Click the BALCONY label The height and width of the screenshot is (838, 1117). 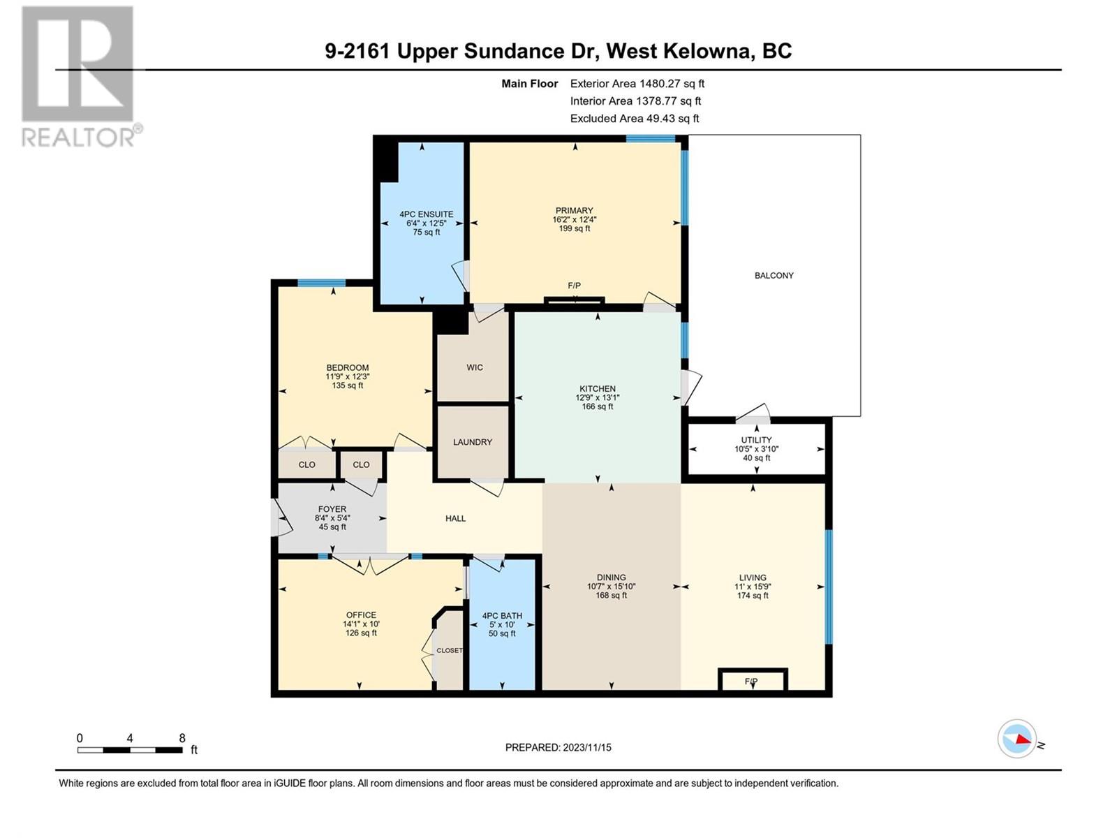[774, 275]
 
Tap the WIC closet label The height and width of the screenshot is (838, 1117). [474, 367]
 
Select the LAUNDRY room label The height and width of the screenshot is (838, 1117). [472, 442]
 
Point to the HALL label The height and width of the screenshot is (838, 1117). [455, 518]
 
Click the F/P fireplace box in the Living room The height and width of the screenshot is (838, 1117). [753, 680]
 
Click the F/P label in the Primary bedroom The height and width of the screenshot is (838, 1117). [574, 286]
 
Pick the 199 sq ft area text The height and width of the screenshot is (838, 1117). [575, 228]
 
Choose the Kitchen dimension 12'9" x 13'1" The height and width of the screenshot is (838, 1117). [598, 398]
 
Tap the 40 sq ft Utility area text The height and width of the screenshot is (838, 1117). [756, 458]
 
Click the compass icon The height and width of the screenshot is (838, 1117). [1016, 738]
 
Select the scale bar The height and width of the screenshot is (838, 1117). [130, 750]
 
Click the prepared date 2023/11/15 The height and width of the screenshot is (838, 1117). [586, 747]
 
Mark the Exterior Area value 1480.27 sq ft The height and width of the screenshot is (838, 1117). [672, 83]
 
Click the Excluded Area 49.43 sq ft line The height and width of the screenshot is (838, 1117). [635, 119]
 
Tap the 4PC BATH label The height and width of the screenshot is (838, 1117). [502, 616]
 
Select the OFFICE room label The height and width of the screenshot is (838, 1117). [361, 615]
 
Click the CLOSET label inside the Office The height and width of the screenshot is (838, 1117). [450, 650]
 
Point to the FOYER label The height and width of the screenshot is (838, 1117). [332, 509]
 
